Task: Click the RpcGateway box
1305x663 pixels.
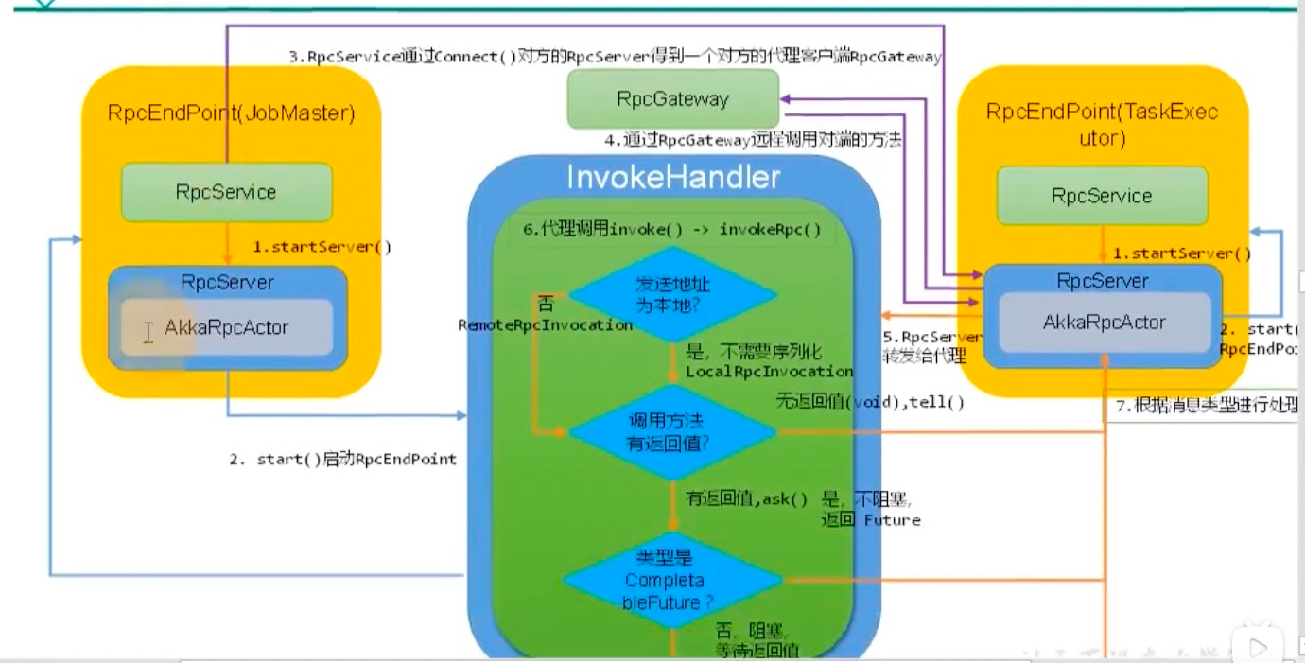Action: [672, 99]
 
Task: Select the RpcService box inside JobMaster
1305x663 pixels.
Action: [226, 192]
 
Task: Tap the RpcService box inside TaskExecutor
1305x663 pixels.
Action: [1102, 196]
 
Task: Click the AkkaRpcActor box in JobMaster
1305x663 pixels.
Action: [227, 328]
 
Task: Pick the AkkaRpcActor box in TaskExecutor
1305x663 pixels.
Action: [1104, 323]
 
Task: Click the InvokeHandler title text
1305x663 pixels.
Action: [672, 177]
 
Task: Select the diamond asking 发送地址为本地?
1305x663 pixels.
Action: [671, 293]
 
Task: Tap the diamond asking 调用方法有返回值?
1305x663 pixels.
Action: [671, 431]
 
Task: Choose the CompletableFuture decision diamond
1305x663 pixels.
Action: [671, 579]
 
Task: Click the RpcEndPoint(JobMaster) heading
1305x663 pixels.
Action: [231, 113]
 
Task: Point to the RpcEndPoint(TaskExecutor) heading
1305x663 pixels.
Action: [1102, 124]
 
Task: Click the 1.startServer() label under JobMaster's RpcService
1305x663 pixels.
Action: [322, 248]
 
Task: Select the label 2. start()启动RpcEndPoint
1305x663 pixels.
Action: [343, 460]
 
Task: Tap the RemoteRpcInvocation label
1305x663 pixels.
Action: [546, 325]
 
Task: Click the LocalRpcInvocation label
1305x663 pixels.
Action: [769, 372]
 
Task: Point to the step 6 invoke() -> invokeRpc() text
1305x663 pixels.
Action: [672, 230]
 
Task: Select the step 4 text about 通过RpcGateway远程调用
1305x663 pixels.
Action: [753, 141]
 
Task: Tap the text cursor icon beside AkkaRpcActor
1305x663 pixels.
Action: [148, 332]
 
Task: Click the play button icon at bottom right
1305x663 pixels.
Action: [1258, 647]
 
